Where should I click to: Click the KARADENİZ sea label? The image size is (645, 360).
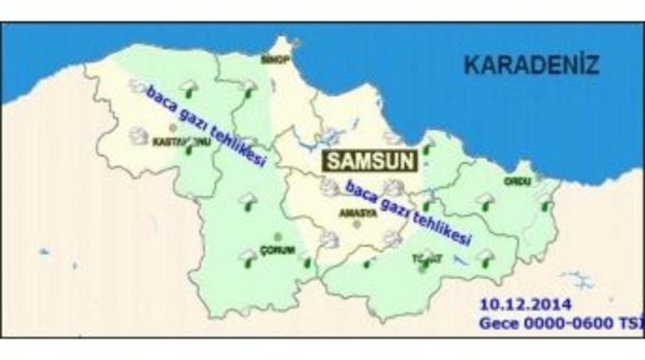[531, 64]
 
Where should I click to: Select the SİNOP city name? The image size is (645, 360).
[274, 59]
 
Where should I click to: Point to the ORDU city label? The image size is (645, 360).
[517, 181]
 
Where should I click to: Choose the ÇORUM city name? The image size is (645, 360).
[277, 250]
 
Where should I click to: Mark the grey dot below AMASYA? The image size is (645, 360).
[357, 223]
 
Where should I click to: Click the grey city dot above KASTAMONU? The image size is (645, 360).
[173, 128]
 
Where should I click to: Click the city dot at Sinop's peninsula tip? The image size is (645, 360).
[297, 43]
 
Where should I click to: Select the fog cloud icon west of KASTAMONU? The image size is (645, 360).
[138, 135]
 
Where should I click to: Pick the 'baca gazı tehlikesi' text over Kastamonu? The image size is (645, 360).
[205, 126]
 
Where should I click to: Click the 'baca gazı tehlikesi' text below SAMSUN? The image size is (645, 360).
[408, 213]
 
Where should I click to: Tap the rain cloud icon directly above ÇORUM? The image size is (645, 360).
[247, 200]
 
